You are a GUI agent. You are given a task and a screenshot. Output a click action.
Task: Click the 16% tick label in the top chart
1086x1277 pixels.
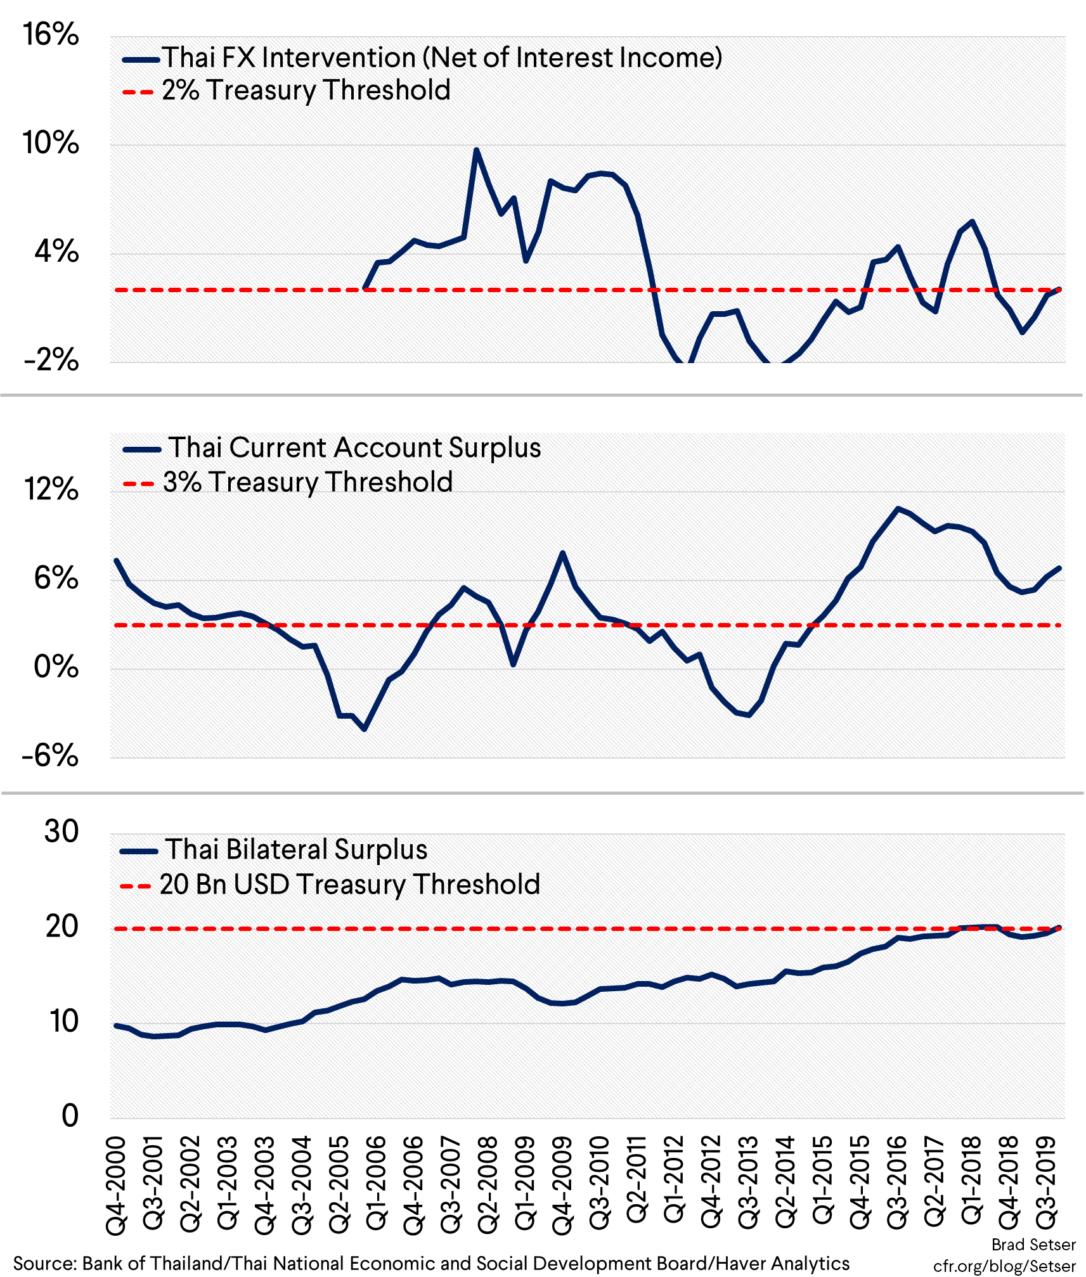(x=51, y=35)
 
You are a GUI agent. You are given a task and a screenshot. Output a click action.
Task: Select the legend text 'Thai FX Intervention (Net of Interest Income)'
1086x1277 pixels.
(x=442, y=58)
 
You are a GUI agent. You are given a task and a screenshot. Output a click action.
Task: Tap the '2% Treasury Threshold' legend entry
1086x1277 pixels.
(x=306, y=91)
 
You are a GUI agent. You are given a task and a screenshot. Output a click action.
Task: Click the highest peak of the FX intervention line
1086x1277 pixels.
(x=477, y=150)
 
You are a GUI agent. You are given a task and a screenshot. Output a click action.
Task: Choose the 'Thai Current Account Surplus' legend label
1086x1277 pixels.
(x=354, y=448)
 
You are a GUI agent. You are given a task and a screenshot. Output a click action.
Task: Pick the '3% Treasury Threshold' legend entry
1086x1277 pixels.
(x=307, y=482)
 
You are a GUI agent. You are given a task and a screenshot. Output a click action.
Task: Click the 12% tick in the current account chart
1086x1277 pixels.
(x=51, y=490)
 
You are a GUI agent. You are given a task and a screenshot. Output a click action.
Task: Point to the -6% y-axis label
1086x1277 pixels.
(x=50, y=756)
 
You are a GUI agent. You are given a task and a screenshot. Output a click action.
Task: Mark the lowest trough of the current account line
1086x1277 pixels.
(x=365, y=729)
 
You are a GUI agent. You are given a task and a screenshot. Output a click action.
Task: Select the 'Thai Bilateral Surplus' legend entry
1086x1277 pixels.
(x=296, y=850)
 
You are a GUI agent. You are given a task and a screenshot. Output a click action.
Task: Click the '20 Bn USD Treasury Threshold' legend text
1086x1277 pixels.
(x=349, y=885)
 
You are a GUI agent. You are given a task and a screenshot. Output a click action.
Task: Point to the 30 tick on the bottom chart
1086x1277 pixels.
(x=61, y=832)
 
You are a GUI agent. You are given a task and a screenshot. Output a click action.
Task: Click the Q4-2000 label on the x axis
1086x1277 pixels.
(x=117, y=1185)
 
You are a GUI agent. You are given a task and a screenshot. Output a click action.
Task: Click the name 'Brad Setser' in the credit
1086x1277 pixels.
(x=1033, y=1245)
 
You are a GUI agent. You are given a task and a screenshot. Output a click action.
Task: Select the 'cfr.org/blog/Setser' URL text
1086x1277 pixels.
(x=1004, y=1266)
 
